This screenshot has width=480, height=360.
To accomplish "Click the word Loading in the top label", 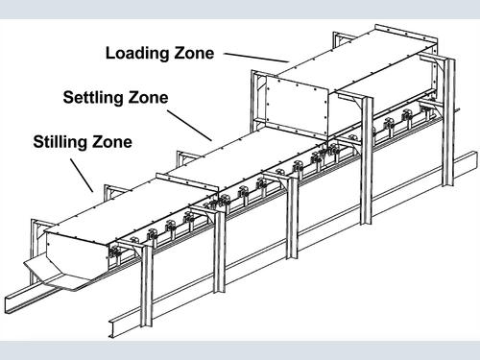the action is [138, 54].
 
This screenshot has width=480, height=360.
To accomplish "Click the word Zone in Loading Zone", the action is [194, 53].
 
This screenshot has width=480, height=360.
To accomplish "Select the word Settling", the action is [93, 98].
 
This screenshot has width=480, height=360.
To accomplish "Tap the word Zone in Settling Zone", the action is [148, 97].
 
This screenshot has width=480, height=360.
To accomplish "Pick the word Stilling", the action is [60, 142].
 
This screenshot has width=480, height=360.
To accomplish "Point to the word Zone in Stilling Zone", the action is [112, 142].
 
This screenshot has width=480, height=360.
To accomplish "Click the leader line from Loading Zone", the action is [256, 58].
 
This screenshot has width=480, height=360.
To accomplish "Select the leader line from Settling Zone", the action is [189, 126].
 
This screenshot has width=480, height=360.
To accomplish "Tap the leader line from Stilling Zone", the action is [82, 176].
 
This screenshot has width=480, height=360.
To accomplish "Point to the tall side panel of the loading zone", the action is [298, 106].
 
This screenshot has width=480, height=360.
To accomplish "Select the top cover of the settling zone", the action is [243, 156].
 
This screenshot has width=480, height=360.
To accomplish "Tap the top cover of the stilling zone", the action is [132, 208].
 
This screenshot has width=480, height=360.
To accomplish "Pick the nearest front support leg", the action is [147, 286].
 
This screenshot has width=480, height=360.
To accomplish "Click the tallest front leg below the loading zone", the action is [367, 160].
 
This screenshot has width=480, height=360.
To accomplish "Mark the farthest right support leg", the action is [448, 122].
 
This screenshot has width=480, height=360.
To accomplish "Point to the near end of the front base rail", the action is [112, 328].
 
